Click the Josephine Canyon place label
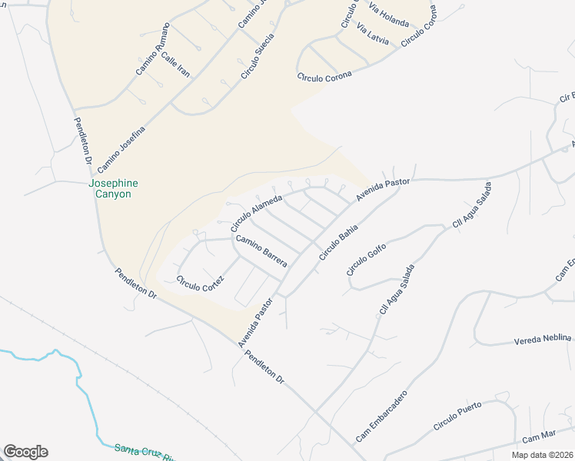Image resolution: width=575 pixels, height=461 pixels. point(110,189)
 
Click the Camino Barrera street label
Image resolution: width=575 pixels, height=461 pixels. point(261,252)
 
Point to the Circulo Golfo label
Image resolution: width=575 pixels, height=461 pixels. point(365,257)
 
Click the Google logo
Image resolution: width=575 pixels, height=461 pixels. point(25,452)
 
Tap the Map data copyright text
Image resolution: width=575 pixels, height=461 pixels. point(543,455)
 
